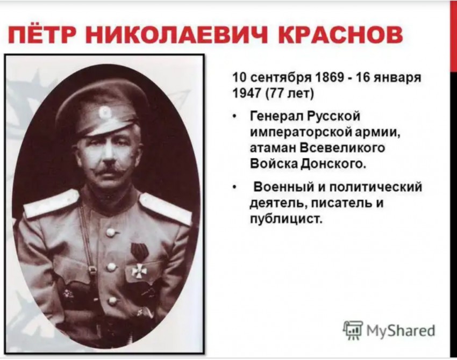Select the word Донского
click(333, 164)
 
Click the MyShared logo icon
click(353, 330)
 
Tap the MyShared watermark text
click(401, 330)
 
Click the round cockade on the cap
click(104, 112)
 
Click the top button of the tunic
click(110, 232)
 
